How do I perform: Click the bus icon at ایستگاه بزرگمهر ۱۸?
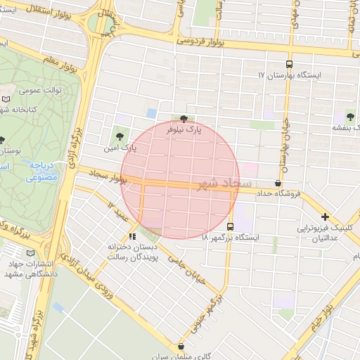pyautogui.click(x=231, y=226)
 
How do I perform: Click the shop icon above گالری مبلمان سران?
pyautogui.click(x=181, y=346)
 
